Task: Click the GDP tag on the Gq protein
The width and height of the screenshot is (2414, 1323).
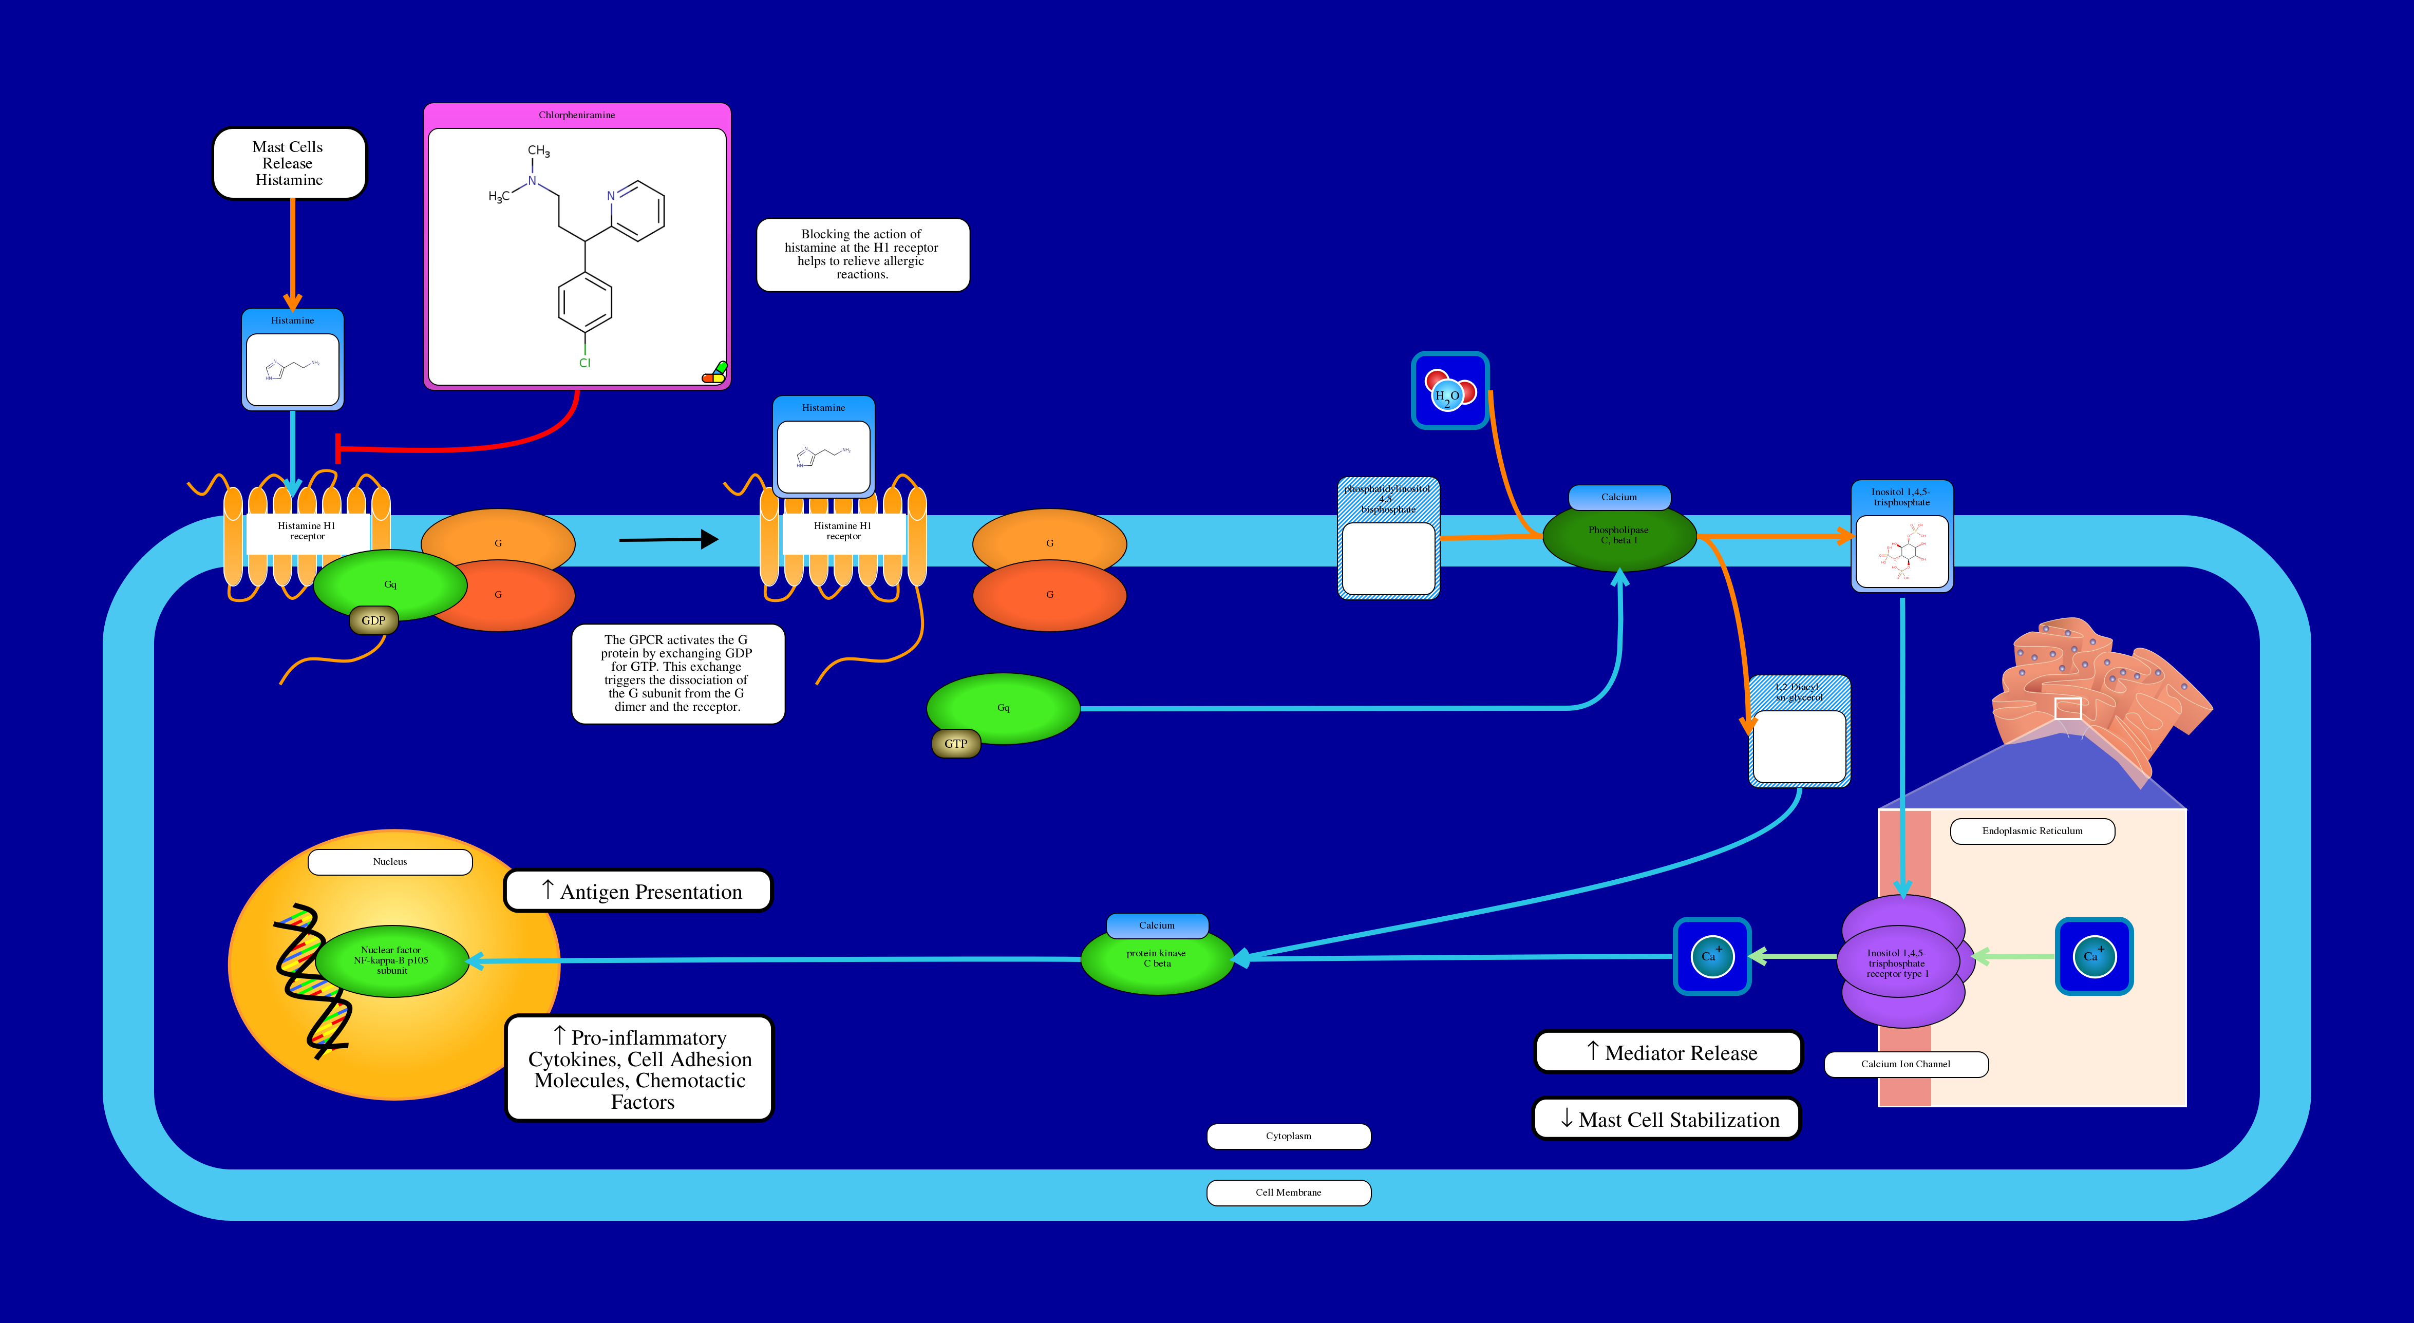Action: tap(373, 620)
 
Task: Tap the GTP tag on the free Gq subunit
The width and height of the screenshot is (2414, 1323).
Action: tap(955, 744)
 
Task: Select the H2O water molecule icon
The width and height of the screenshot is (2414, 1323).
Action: tap(1450, 391)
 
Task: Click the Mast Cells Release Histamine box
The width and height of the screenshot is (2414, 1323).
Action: tap(289, 163)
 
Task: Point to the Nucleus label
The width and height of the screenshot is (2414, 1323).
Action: tap(390, 862)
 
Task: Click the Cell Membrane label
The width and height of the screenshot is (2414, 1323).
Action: tap(1289, 1193)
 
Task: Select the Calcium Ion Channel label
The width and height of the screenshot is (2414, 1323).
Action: tap(1905, 1064)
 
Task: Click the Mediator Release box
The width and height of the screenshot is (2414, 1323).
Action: tap(1668, 1052)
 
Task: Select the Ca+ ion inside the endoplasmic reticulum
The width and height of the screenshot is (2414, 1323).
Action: tap(2094, 956)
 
